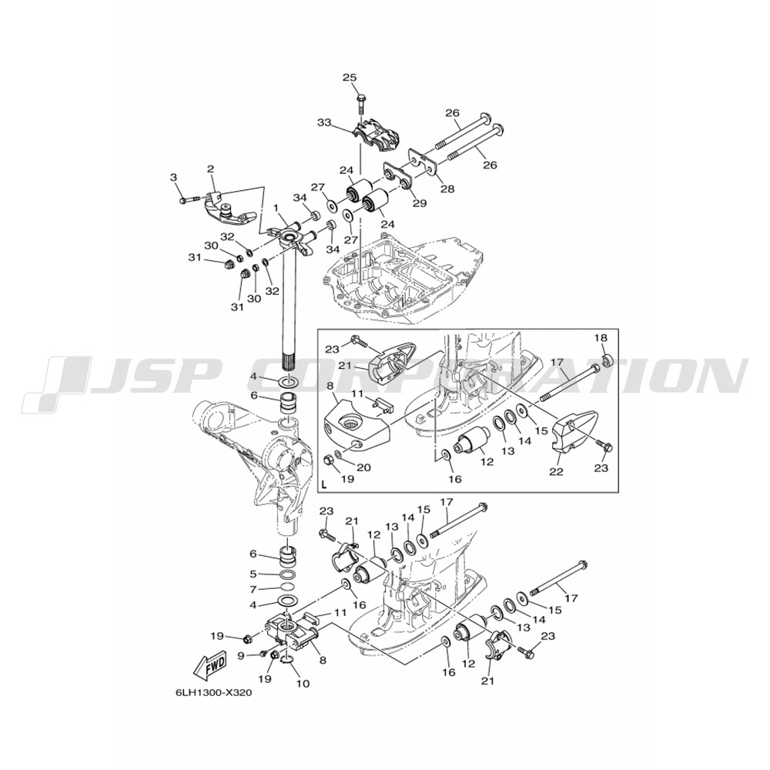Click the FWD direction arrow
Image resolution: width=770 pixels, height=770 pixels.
211,665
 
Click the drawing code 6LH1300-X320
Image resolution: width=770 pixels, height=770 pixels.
209,694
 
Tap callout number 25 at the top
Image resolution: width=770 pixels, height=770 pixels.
350,78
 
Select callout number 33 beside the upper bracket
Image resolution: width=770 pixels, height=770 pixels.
324,122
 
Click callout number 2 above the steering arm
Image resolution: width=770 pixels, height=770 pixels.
211,169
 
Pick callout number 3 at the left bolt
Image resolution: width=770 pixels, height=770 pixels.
173,177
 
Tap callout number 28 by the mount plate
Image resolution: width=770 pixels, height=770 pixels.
448,188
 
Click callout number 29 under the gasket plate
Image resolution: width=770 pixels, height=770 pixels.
420,203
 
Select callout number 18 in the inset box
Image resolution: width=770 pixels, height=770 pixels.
601,338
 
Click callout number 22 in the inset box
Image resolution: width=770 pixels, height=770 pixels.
557,472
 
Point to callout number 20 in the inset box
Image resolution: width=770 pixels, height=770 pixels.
363,468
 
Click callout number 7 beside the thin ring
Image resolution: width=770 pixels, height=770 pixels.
253,589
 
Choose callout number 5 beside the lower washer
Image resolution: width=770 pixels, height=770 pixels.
253,574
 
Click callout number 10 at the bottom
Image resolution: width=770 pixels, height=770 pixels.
303,683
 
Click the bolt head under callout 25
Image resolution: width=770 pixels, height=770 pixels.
361,95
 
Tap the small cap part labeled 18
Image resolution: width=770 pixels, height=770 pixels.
606,360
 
